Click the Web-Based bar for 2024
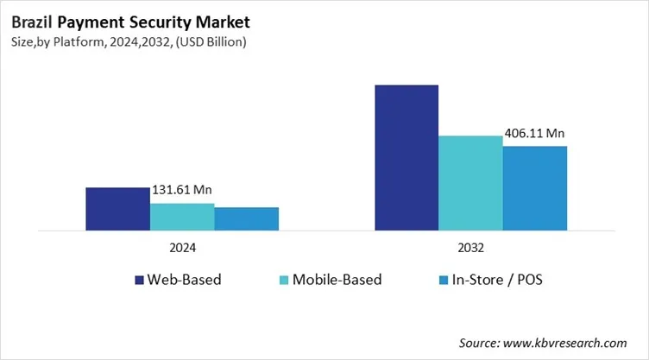pos(117,209)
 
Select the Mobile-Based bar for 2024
pos(182,217)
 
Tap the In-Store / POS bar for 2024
pos(247,219)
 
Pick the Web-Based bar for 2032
pos(406,158)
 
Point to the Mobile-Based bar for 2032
pos(470,183)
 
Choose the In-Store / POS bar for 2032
pos(535,188)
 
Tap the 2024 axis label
pos(182,247)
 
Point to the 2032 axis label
pos(470,247)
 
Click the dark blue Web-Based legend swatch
pos(139,280)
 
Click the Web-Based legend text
pos(184,280)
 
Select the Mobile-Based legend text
pos(337,280)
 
